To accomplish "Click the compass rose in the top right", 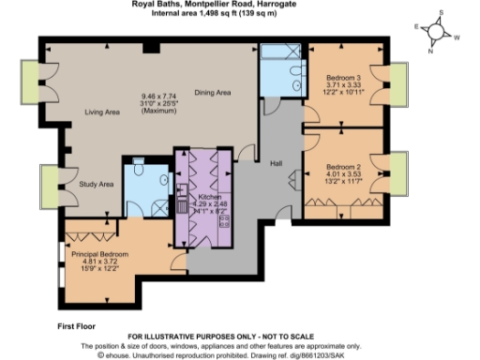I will click(436, 31).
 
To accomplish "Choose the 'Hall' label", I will click(276, 164).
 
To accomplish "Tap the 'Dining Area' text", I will click(212, 92).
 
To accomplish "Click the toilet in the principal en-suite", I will click(138, 169).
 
